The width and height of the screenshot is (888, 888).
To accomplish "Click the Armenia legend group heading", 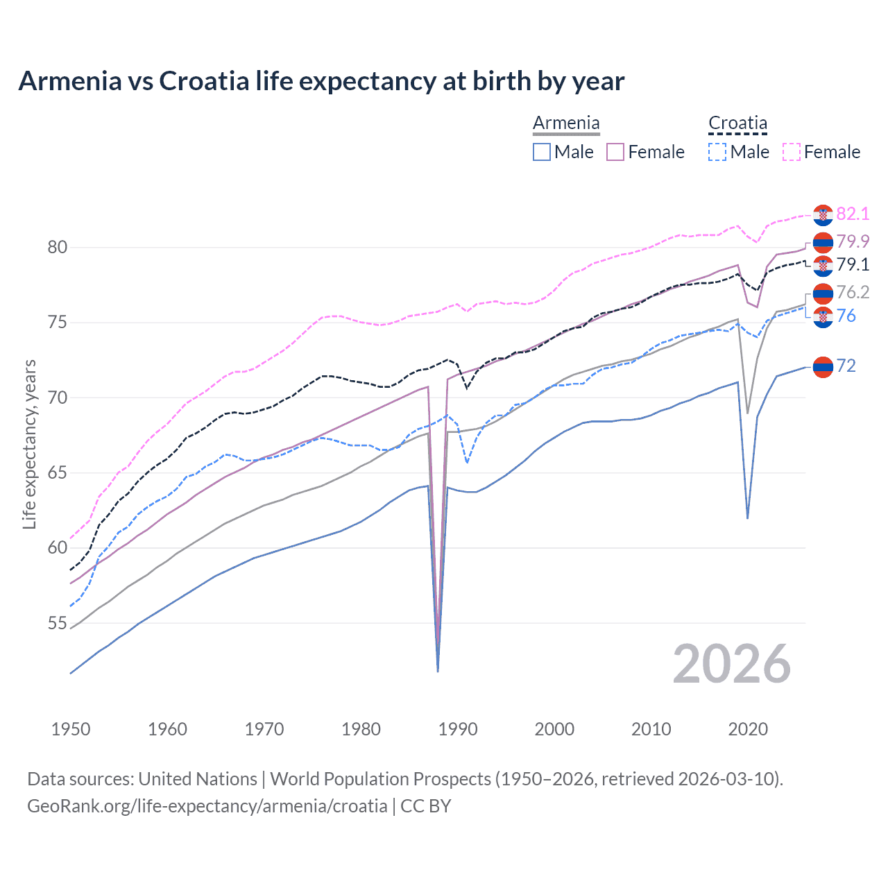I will pos(566,123).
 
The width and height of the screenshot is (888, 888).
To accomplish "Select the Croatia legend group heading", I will pos(737,123).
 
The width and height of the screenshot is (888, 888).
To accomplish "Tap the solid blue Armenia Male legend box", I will pos(542,152).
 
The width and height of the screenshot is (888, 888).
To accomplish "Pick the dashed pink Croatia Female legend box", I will pos(792,152).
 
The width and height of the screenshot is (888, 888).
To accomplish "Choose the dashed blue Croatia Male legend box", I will pos(717,152).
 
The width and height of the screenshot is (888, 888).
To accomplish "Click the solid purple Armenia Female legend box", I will pos(615,152).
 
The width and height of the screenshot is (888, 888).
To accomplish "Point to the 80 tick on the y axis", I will pos(57,248).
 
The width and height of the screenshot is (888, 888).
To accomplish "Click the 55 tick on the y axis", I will pos(57,624).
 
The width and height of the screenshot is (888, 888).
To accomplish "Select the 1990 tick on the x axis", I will pos(458,729).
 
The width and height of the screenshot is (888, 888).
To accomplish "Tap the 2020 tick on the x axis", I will pos(748,729).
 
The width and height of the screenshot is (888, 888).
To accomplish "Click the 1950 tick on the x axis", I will pos(71,729).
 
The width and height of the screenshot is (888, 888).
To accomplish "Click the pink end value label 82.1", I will pos(853,214).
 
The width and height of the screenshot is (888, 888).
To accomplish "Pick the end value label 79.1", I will pos(853,264).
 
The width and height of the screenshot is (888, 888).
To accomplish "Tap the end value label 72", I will pos(846,366).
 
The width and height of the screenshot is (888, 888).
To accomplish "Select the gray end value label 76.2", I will pos(853,292).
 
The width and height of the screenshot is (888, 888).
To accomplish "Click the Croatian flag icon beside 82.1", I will pos(823,215).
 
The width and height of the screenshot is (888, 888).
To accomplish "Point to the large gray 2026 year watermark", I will pos(732,664).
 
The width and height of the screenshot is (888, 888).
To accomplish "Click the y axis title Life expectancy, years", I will pos(29,444).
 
